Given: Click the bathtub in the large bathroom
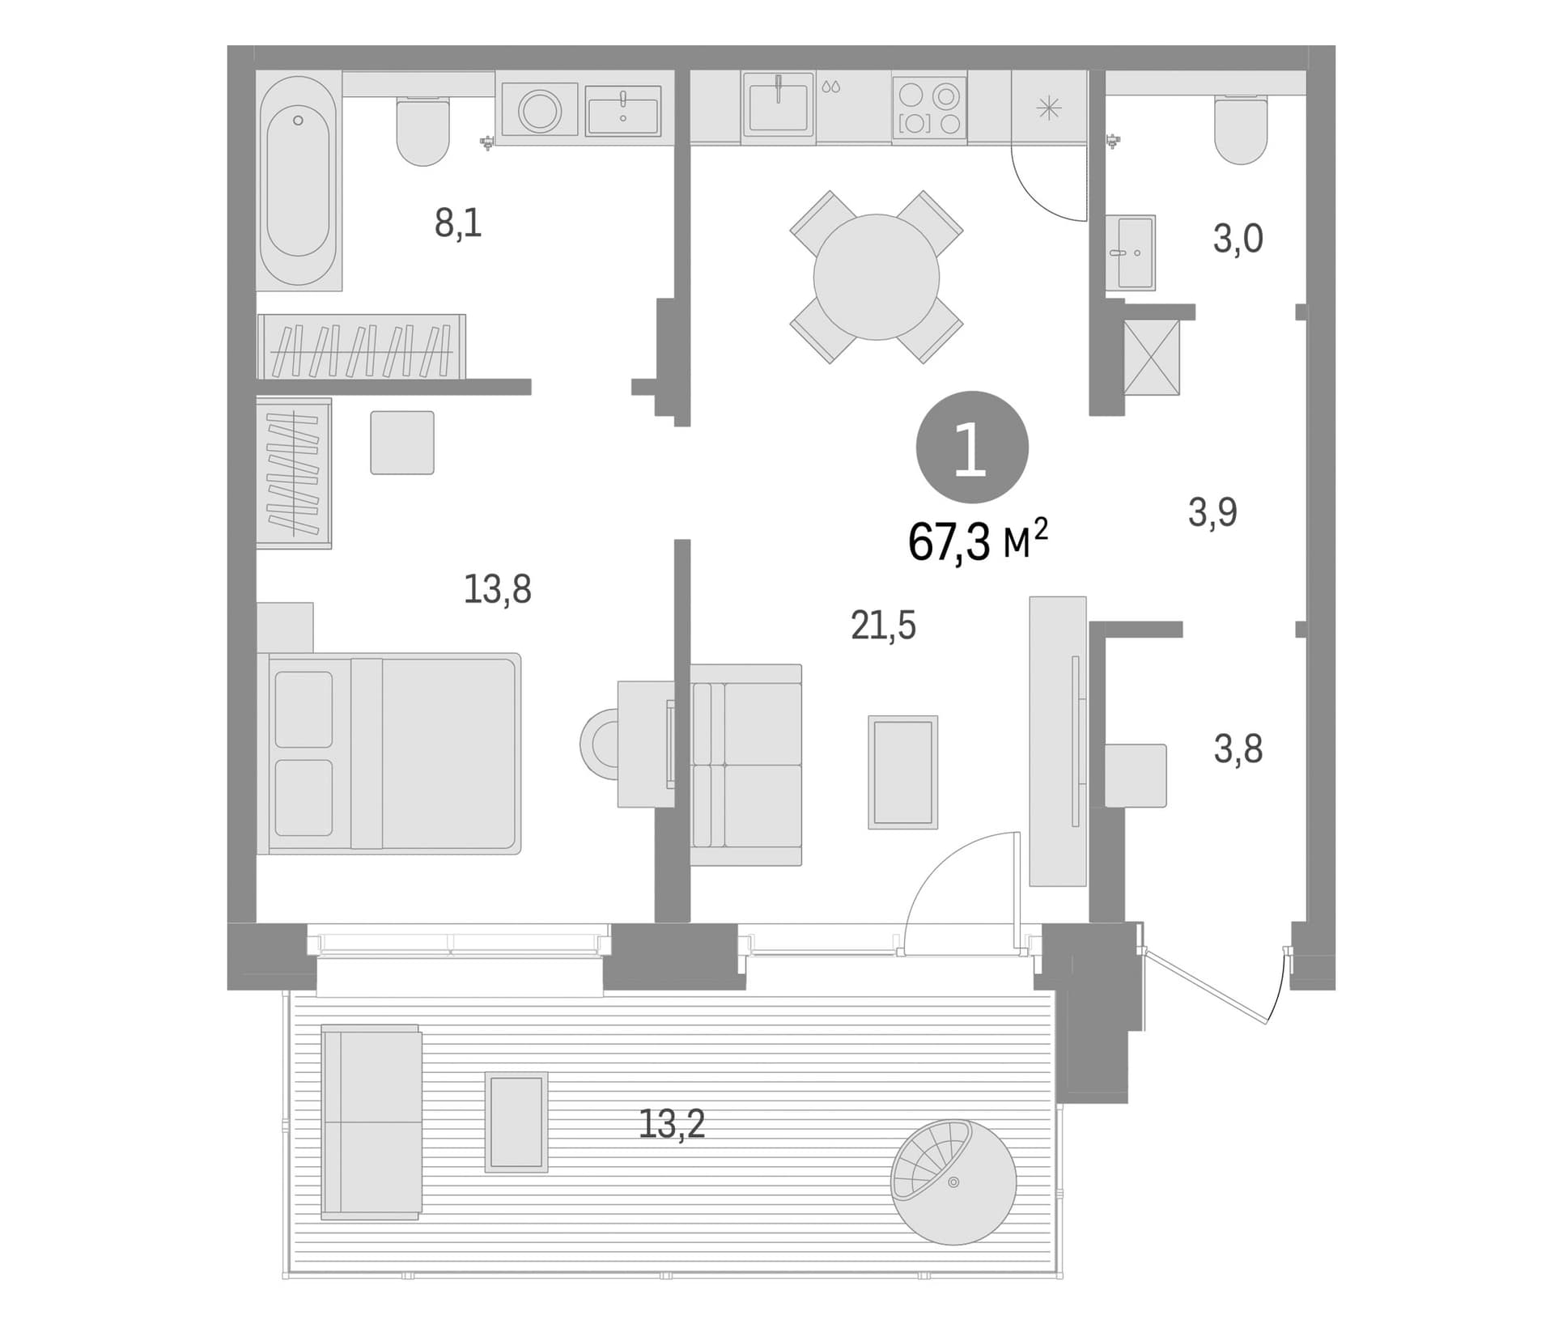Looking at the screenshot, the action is (x=299, y=180).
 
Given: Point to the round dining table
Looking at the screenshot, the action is (x=877, y=277).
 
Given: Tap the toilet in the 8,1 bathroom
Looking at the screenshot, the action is (x=422, y=131).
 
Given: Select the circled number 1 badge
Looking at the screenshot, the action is (x=972, y=448).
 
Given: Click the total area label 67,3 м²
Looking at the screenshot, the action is (x=978, y=541).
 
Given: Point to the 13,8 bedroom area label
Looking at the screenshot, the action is (x=497, y=589).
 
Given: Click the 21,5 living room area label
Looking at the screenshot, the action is (x=883, y=626).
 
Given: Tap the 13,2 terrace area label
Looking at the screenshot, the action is (x=672, y=1123).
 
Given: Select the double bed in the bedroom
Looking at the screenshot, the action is (x=389, y=753).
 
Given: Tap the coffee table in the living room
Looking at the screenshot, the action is (x=902, y=772).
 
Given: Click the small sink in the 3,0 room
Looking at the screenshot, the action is (x=1130, y=252).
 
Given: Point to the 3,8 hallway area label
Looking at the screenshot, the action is (x=1238, y=749).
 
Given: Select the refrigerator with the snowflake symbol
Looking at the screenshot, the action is (x=1048, y=107).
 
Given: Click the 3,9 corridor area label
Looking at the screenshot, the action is (x=1212, y=512).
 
